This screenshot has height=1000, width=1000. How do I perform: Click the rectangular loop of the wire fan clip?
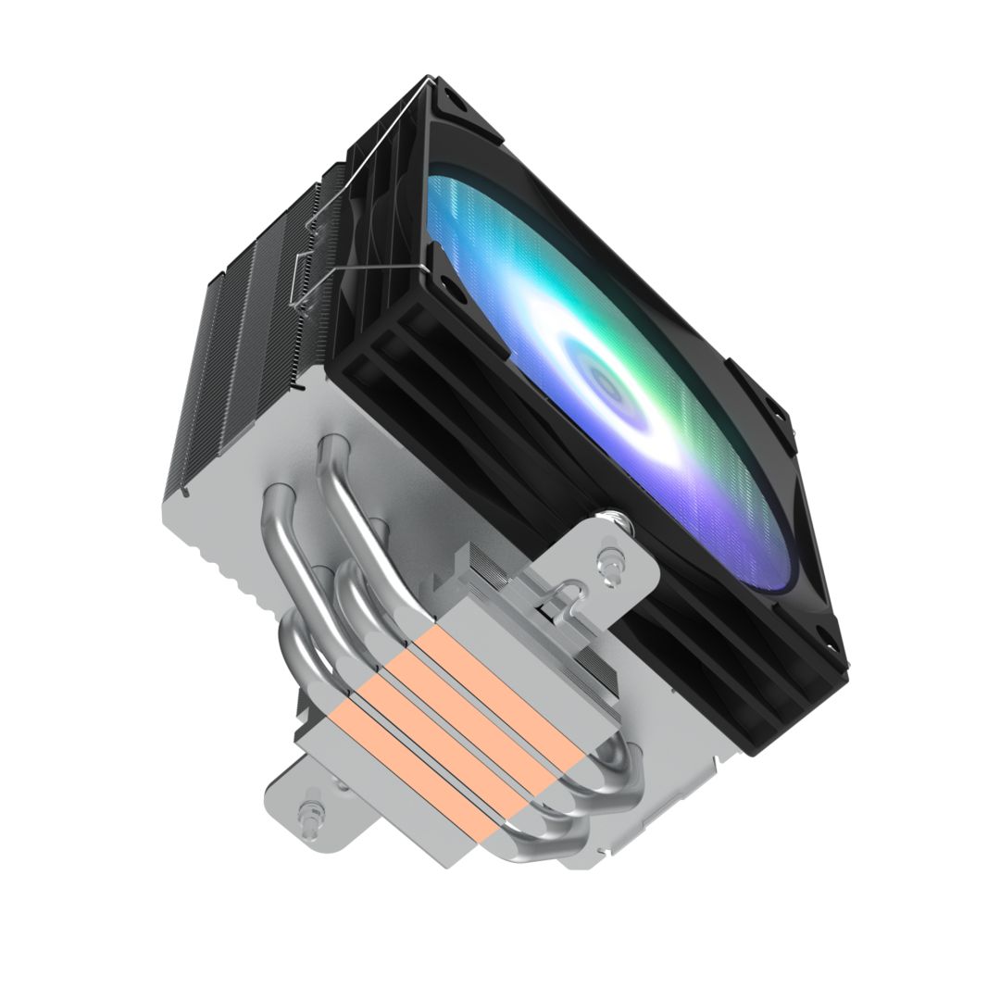302,278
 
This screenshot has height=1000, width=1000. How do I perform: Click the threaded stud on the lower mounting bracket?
306,814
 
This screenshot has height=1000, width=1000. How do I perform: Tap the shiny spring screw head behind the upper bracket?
613,523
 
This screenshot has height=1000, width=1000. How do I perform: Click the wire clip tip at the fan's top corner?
428,83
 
